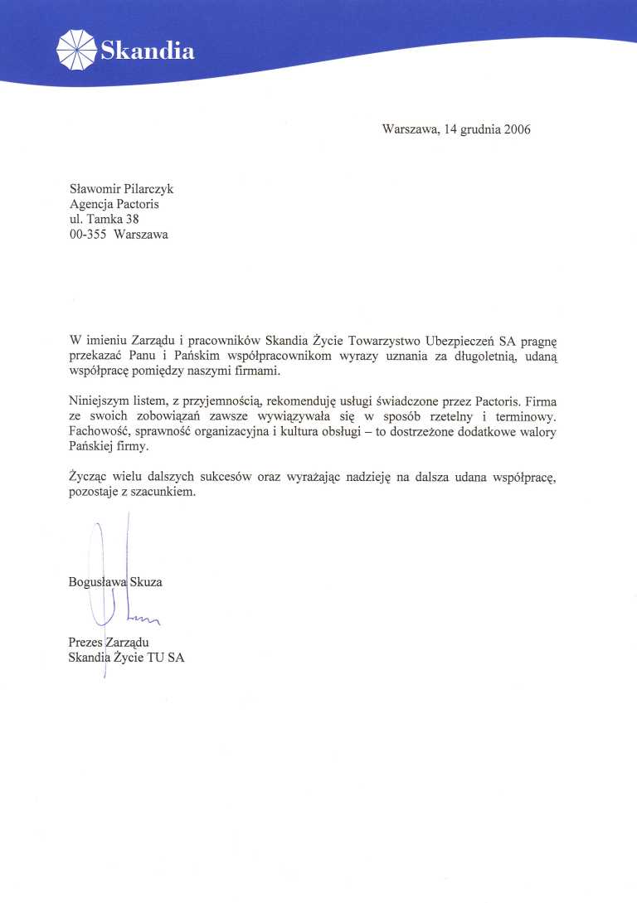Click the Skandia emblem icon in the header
click(76, 49)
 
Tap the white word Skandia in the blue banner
click(148, 51)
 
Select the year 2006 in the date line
click(513, 129)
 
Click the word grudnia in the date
click(473, 130)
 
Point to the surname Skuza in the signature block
click(147, 582)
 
